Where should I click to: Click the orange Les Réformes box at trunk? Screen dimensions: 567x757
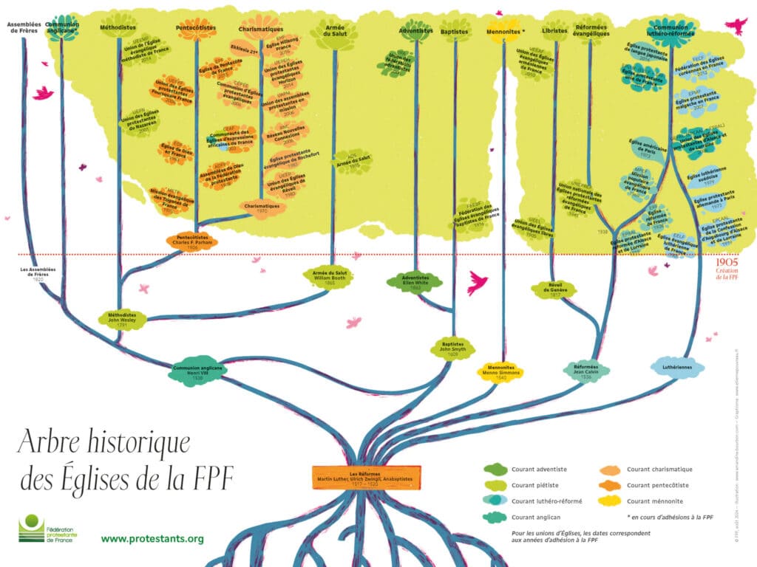(x=366, y=475)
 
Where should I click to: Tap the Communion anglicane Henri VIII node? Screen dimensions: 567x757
(x=197, y=371)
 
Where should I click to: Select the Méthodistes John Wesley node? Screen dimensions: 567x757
(x=123, y=318)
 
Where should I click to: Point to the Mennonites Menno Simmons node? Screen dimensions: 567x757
(x=504, y=370)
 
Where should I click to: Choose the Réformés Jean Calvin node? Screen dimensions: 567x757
(x=586, y=369)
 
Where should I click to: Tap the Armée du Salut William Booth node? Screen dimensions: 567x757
(x=326, y=276)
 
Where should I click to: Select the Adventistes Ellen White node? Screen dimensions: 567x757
(x=415, y=281)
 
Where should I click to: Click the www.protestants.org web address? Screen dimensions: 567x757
(x=152, y=539)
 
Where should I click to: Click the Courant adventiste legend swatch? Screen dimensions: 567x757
(x=495, y=469)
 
